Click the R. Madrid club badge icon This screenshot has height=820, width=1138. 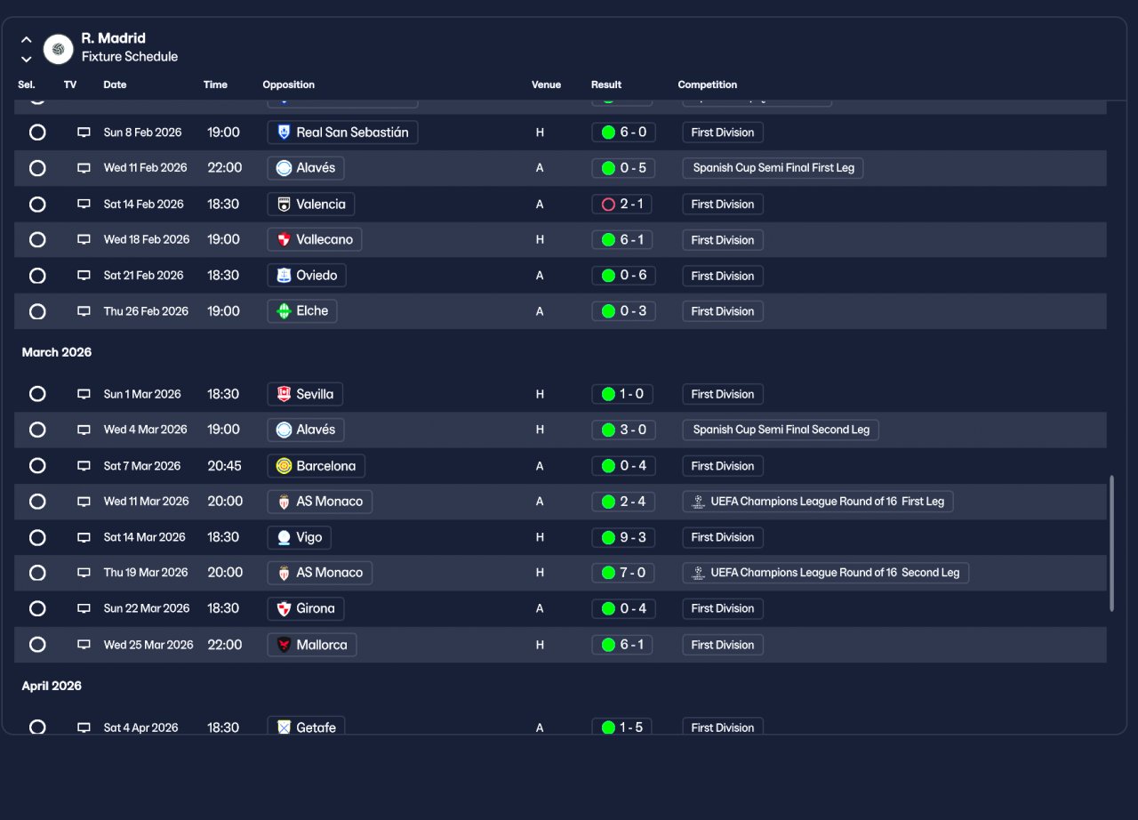59,49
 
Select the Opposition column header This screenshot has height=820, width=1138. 288,85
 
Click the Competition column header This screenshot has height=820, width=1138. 707,85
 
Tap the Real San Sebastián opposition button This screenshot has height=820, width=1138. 342,133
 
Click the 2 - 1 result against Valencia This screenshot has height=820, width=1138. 622,205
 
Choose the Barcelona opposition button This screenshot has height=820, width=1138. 316,466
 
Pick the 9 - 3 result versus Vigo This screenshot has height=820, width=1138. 622,537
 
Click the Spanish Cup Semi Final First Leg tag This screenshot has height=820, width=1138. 773,168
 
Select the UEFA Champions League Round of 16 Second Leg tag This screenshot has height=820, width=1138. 825,573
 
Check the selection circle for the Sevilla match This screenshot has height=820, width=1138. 37,394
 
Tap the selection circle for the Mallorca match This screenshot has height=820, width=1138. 37,645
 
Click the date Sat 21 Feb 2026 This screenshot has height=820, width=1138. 143,276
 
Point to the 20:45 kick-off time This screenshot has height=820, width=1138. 225,466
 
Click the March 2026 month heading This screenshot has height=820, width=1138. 57,353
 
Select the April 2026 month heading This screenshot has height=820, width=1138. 52,687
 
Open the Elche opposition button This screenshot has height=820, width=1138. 302,311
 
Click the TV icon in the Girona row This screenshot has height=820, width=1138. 84,609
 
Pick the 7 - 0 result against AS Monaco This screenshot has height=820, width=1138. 622,573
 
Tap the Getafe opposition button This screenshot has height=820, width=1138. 306,727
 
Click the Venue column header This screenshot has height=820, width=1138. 546,85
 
